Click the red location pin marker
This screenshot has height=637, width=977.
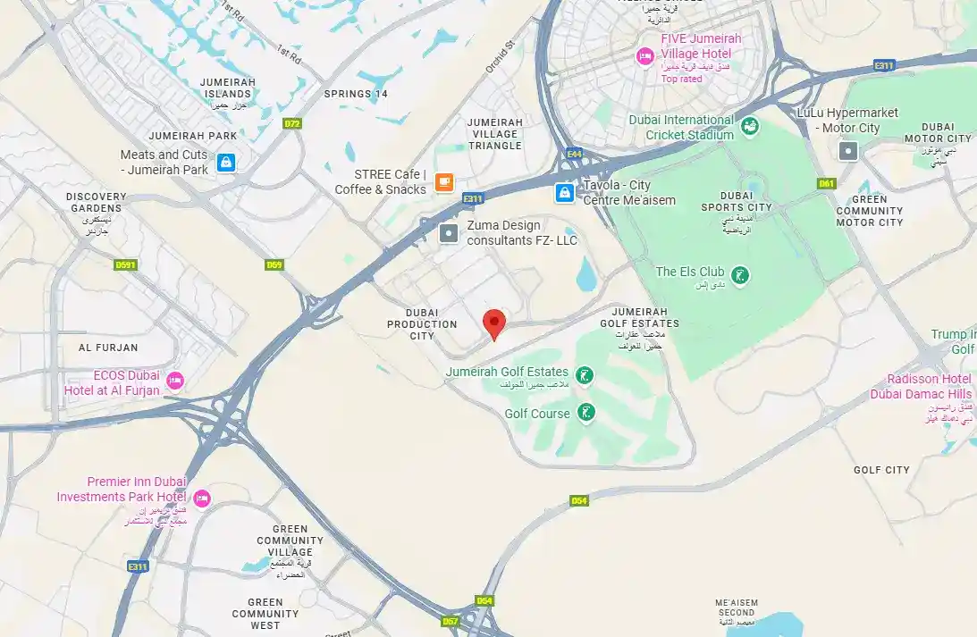494,323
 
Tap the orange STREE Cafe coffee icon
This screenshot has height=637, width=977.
443,182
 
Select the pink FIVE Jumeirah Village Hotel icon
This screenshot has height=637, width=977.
644,56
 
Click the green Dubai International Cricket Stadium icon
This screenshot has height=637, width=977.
750,127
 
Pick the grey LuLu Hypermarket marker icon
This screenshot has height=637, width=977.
847,151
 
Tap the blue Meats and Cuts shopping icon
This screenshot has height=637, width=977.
227,163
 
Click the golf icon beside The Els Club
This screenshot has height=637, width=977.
739,272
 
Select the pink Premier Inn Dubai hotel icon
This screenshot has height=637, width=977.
202,498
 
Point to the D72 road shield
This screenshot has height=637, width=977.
291,124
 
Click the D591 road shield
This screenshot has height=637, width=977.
125,264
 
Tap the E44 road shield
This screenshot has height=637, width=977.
574,155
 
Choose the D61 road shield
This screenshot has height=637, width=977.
826,184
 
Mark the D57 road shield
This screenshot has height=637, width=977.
451,621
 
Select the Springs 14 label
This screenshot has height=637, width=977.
356,94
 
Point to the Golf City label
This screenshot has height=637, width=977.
881,470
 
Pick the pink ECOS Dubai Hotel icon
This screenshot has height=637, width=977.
175,381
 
